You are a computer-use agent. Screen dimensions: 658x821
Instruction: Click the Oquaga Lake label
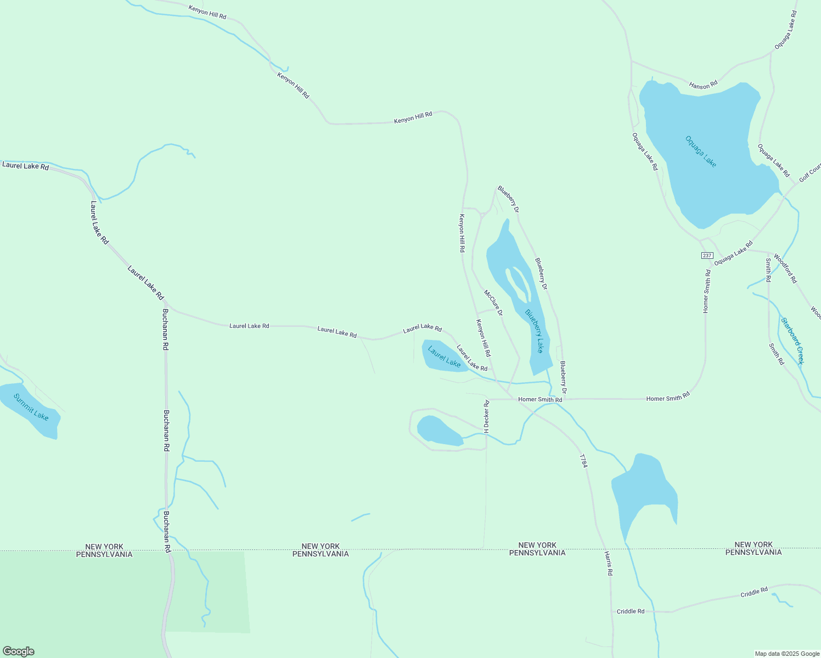point(701,151)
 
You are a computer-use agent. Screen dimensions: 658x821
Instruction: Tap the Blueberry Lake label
point(534,331)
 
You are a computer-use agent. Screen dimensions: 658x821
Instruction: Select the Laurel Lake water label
point(444,356)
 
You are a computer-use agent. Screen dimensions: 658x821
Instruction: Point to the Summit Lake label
point(31,407)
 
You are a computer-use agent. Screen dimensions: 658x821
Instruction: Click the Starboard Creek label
point(792,341)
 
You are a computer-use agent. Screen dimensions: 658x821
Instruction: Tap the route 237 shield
point(706,256)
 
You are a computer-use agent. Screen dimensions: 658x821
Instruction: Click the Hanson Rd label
point(703,85)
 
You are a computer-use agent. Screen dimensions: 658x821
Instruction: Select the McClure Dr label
point(493,303)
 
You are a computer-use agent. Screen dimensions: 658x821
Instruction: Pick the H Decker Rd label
point(486,416)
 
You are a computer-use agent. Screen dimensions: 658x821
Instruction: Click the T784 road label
point(583,461)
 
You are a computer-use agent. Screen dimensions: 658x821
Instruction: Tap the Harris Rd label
point(608,563)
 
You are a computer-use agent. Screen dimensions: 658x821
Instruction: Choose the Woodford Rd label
point(785,268)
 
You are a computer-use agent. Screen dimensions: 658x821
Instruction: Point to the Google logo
point(18,651)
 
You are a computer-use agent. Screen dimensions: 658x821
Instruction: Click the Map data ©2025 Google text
point(787,654)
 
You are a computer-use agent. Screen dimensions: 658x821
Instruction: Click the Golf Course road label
point(809,173)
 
